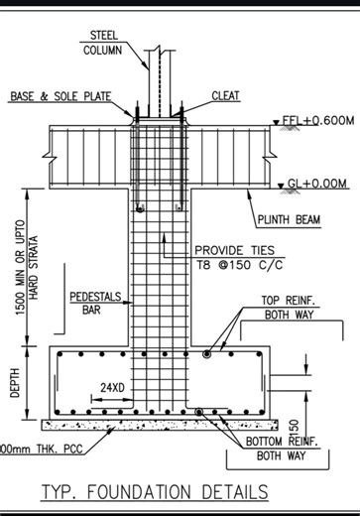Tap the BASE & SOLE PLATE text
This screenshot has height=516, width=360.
coord(58,96)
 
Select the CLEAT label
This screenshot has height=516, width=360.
coord(225,96)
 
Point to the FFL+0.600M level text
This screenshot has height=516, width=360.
coord(318,120)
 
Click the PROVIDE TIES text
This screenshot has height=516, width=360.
coord(234,252)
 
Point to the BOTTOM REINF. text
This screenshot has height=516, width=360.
coord(275,442)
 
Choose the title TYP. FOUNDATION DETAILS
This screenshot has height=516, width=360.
coord(155,491)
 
